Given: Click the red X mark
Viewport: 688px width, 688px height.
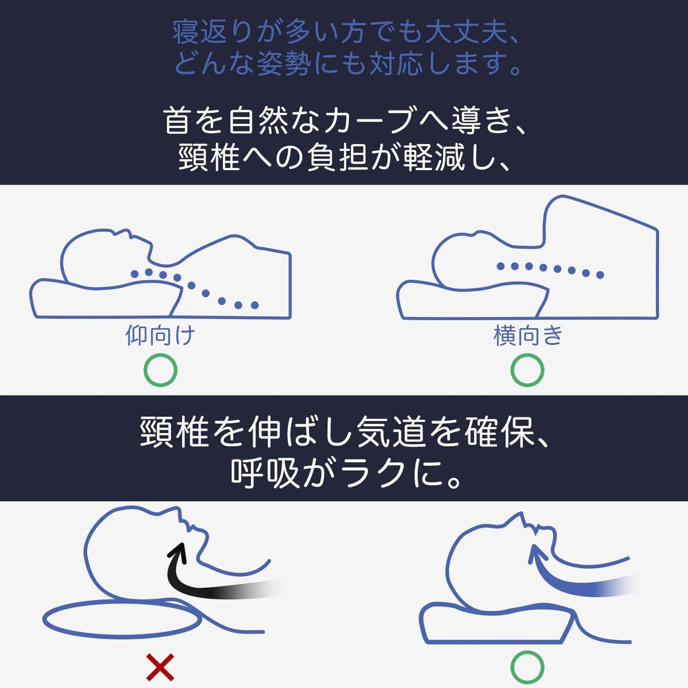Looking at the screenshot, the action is click(x=160, y=667).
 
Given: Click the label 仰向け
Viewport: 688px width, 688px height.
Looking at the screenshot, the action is click(x=160, y=336).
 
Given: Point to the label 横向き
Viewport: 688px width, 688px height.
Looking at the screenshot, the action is click(x=528, y=336).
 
